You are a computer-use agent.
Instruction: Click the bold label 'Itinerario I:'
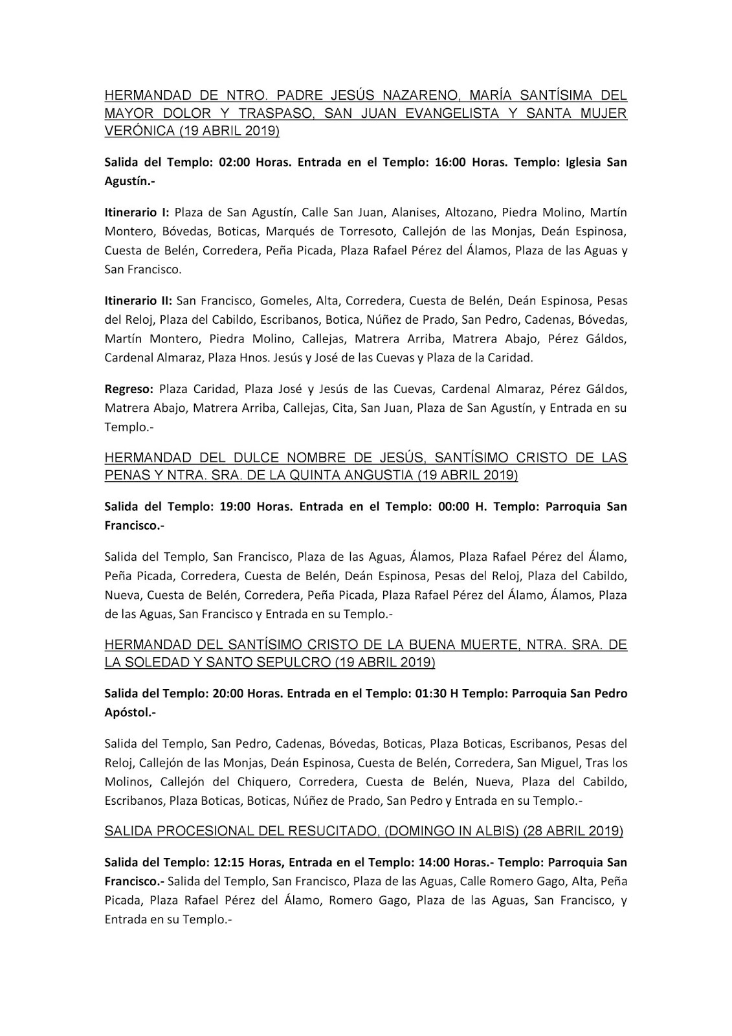[137, 212]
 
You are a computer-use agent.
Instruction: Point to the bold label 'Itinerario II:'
[139, 300]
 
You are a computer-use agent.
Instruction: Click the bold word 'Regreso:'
[129, 389]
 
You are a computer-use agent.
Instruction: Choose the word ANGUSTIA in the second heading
[378, 475]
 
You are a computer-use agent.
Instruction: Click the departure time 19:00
[235, 506]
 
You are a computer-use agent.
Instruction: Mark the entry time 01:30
[428, 693]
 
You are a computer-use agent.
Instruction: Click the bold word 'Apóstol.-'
[130, 712]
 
